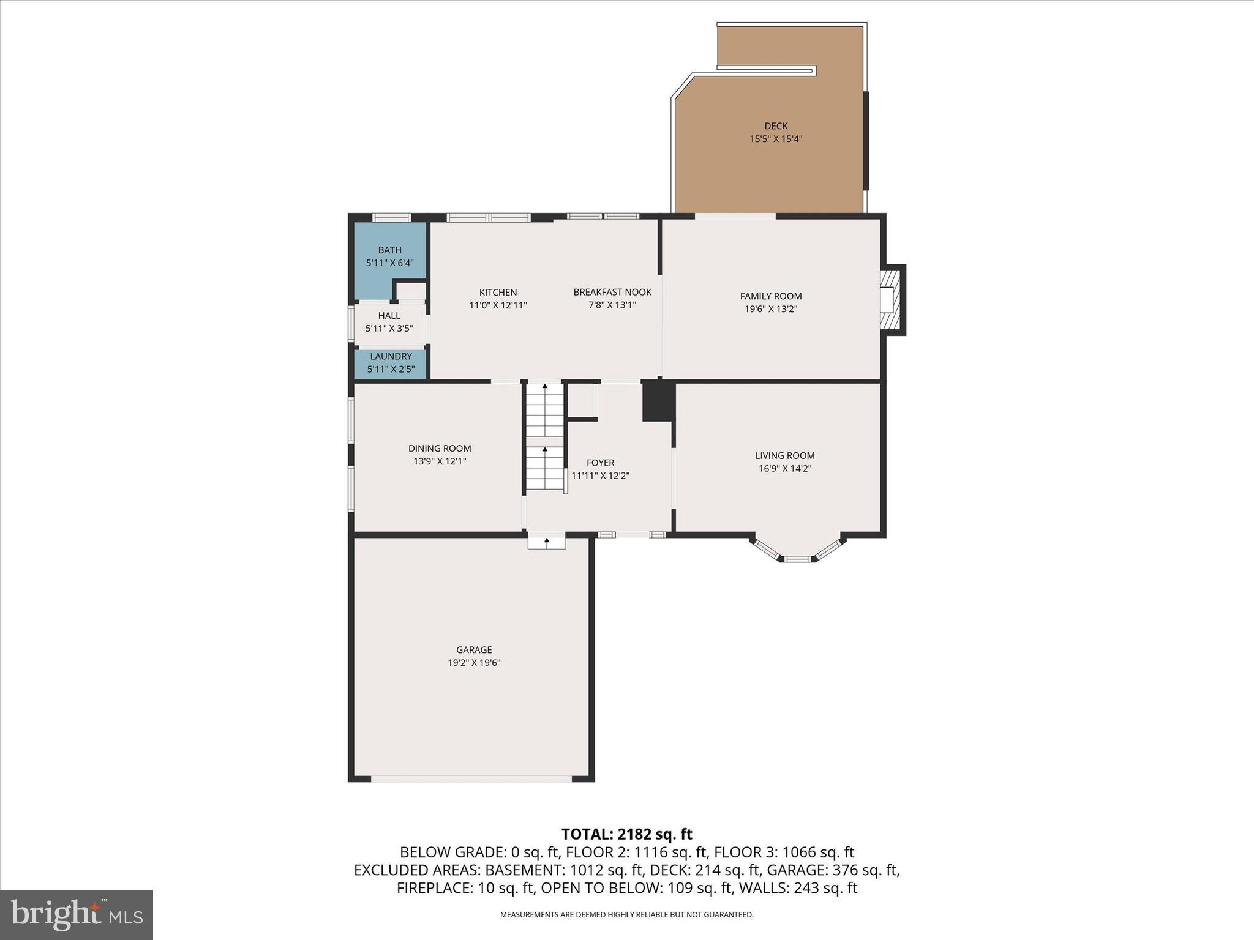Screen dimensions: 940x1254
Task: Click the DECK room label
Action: click(776, 126)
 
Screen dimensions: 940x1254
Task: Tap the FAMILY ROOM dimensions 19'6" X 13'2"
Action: click(770, 309)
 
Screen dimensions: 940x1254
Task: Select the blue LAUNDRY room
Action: click(391, 363)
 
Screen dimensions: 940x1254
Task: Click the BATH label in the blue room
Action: click(389, 250)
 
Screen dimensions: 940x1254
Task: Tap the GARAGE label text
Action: click(474, 650)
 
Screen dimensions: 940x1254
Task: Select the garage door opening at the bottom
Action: click(471, 779)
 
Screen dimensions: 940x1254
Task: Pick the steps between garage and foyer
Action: click(547, 542)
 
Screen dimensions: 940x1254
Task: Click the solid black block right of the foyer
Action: click(658, 401)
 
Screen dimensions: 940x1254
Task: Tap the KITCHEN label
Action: click(498, 293)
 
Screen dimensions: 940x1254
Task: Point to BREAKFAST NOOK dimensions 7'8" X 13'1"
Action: click(612, 305)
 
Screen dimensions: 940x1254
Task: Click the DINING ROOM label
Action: click(440, 449)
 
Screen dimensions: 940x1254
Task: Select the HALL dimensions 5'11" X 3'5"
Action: click(389, 329)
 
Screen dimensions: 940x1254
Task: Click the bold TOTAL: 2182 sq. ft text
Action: click(626, 834)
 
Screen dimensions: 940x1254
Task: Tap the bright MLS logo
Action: click(77, 914)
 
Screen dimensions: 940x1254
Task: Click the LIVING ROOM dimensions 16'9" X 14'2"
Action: click(784, 469)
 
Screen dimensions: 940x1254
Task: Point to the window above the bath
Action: click(391, 217)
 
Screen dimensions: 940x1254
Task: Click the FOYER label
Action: click(600, 463)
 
